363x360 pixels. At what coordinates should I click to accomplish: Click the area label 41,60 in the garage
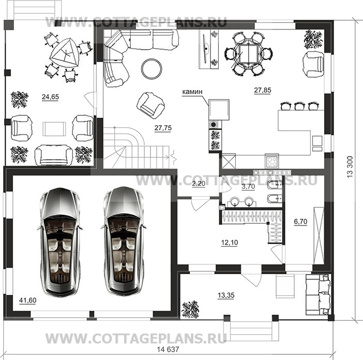[x=28, y=301]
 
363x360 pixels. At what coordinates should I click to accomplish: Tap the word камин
[x=192, y=92]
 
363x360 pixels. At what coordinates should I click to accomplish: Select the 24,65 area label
[x=50, y=97]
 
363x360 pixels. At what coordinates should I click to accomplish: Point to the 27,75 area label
[x=163, y=128]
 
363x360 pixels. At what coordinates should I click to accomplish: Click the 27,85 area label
[x=263, y=90]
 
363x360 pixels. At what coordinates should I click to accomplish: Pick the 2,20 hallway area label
[x=199, y=184]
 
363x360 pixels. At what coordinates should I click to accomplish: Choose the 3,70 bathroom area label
[x=248, y=186]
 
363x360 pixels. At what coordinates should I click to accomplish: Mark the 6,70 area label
[x=300, y=221]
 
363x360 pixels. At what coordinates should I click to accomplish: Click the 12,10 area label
[x=230, y=243]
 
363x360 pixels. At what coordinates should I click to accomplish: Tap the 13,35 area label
[x=226, y=295]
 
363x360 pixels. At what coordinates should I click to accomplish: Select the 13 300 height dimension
[x=350, y=167]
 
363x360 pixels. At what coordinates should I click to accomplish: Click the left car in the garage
[x=60, y=242]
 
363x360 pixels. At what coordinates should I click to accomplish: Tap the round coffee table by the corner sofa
[x=152, y=68]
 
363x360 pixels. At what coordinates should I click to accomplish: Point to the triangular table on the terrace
[x=64, y=53]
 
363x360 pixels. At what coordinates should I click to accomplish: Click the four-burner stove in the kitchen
[x=272, y=161]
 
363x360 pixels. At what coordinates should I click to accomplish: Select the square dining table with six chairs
[x=248, y=54]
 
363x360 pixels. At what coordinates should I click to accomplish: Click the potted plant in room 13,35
[x=190, y=309]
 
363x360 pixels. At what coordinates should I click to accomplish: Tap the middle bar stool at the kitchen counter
[x=299, y=106]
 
